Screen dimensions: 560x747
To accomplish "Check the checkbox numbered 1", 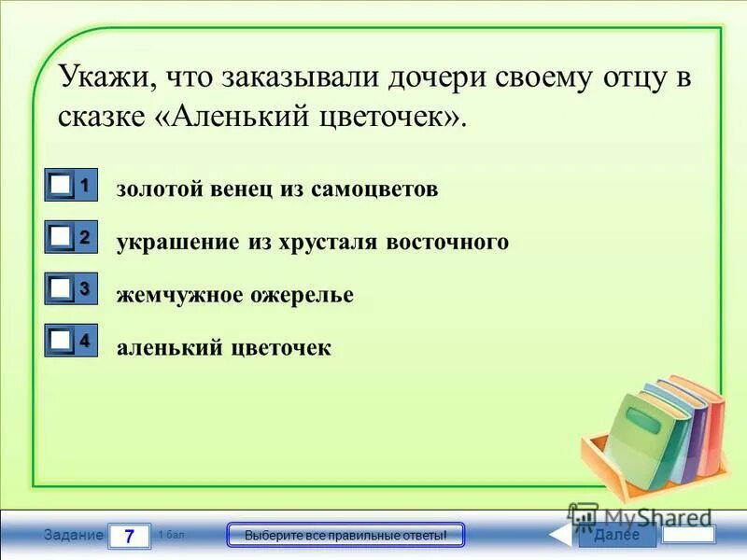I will tap(61, 186).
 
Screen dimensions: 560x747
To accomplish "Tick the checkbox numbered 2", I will tap(61, 239).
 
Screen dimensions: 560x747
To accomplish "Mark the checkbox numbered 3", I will tap(61, 291).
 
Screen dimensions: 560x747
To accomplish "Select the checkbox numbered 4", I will tap(61, 343).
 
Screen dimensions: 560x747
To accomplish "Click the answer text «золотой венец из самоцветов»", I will tap(276, 189).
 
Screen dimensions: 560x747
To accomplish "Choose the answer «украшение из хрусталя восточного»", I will tap(312, 242).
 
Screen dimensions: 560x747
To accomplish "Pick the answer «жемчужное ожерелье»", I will tap(234, 295).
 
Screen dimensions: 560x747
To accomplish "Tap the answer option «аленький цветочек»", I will tap(223, 348).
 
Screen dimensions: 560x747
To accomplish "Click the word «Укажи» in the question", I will tap(98, 77).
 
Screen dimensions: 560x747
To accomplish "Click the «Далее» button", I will tap(616, 535).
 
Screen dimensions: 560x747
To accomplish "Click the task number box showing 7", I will tap(130, 536).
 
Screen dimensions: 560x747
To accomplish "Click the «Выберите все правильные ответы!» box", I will tap(345, 536).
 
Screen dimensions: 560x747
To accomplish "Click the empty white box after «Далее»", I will tap(688, 535).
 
